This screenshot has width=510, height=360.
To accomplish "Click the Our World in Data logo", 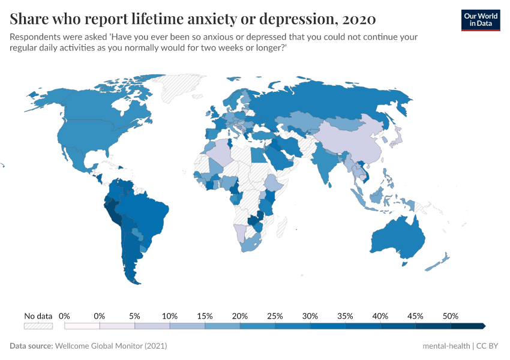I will (480, 20).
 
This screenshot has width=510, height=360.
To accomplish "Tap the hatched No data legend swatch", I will (38, 326).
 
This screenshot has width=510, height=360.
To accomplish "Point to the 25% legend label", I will (275, 316).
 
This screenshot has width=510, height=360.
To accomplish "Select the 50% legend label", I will (451, 316).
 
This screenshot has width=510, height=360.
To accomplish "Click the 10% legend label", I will (170, 316).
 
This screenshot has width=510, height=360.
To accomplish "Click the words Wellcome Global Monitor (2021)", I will (111, 346).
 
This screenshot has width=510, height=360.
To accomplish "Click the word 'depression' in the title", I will (289, 19).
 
